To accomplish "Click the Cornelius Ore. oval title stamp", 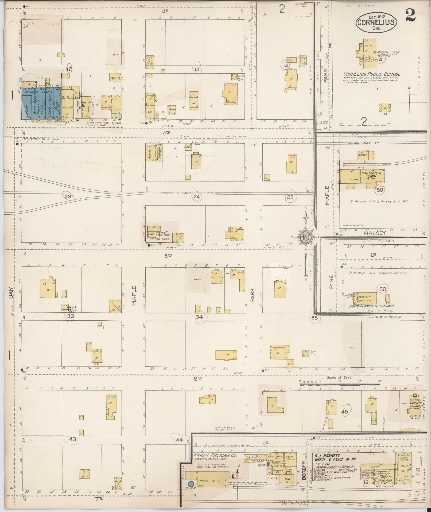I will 376,21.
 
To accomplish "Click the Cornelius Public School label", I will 372,74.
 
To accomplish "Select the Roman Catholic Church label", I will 371,306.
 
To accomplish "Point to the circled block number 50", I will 380,190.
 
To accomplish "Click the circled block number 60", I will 383,289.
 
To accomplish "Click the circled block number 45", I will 345,412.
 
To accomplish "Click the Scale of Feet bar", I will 339,384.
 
